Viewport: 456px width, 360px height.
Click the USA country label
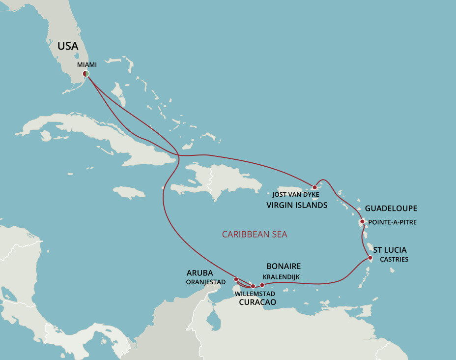click(68, 46)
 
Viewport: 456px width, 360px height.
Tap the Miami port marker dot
click(86, 74)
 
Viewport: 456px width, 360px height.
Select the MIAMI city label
click(86, 64)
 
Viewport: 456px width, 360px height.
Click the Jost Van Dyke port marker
click(314, 187)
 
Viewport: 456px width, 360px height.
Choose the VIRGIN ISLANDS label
click(297, 205)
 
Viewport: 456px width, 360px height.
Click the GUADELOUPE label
click(391, 209)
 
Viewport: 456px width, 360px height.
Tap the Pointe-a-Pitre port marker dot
click(362, 222)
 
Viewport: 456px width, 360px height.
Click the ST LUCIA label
click(390, 249)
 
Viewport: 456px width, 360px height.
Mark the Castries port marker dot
click(370, 257)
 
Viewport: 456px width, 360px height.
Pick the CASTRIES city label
click(394, 259)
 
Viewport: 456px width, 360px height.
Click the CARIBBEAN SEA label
click(255, 234)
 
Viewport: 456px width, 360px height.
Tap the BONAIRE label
click(284, 266)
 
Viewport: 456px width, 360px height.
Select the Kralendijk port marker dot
click(262, 285)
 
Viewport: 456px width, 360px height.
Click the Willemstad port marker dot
click(253, 286)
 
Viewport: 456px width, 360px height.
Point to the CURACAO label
click(257, 302)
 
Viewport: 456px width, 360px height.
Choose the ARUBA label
click(200, 272)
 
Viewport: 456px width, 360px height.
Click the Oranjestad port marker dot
click(235, 279)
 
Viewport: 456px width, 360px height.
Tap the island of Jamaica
click(129, 192)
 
